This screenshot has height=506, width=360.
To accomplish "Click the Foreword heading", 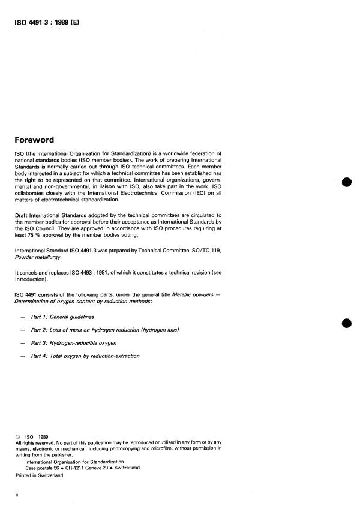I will pyautogui.click(x=43, y=141).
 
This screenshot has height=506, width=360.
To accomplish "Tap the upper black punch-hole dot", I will pyautogui.click(x=346, y=182).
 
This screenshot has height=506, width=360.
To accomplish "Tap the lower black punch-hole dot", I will pyautogui.click(x=346, y=323).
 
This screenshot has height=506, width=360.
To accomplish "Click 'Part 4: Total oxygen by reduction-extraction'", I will pyautogui.click(x=93, y=356).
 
